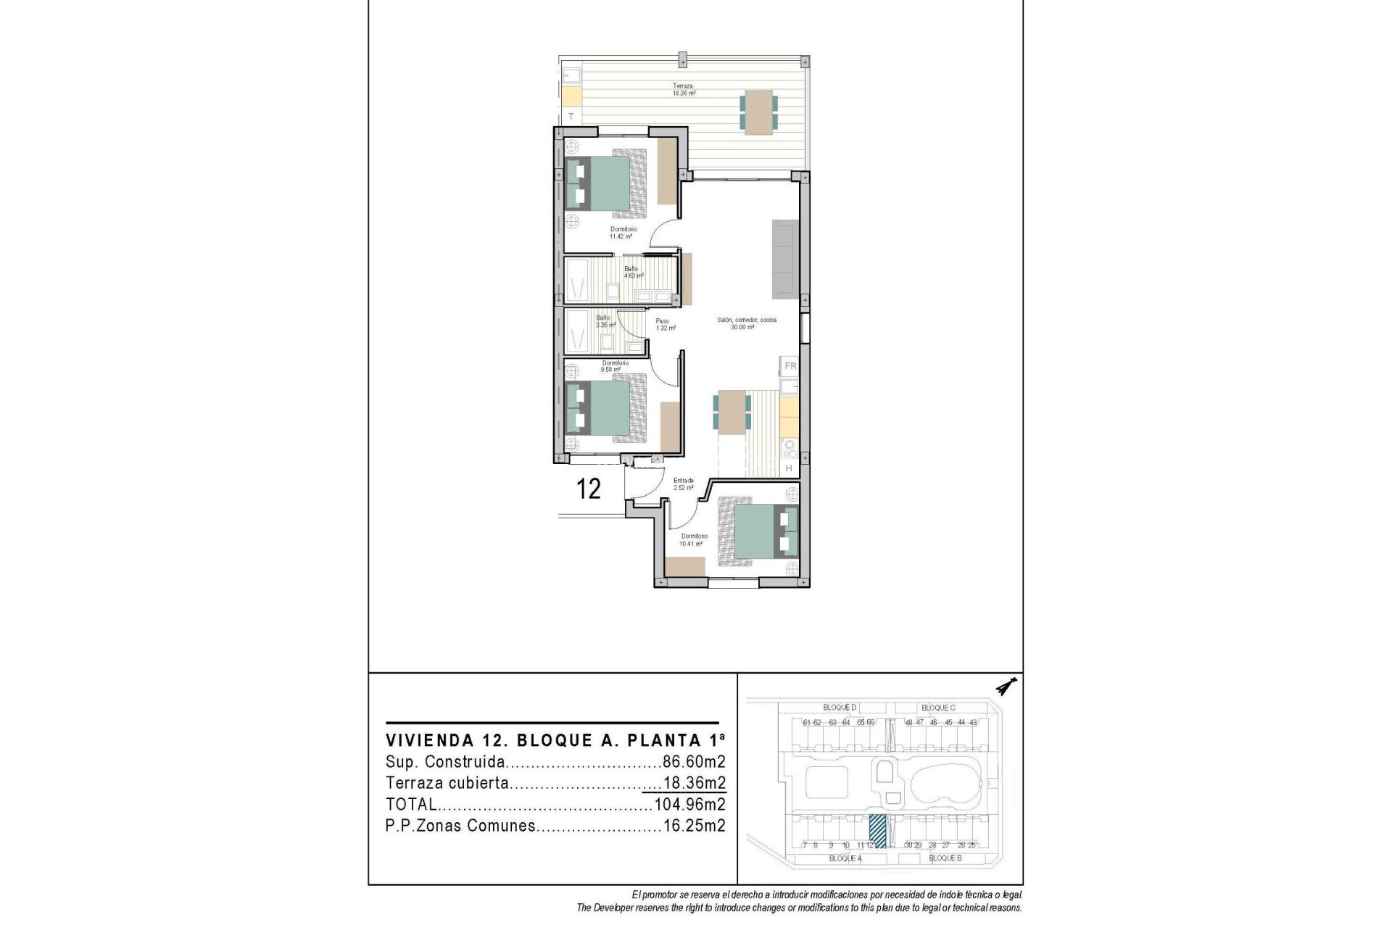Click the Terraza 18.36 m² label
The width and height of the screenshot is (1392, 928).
coord(683,89)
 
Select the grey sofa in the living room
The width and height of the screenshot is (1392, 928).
coord(784,259)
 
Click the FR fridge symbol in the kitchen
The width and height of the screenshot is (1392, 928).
coord(790,366)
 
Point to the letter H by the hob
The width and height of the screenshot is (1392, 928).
coord(789,468)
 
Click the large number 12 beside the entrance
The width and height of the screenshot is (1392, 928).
coord(588,489)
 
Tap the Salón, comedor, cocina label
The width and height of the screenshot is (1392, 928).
coord(746,323)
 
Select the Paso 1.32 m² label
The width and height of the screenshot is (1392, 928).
coord(665,324)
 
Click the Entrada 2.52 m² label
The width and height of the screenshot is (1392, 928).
coord(683,484)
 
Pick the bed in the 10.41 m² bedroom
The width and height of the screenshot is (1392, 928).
coord(758,531)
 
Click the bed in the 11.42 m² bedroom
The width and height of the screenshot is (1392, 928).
coord(605,183)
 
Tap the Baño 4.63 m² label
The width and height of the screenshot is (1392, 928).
coord(633,272)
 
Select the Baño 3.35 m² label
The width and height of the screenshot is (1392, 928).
coord(605,321)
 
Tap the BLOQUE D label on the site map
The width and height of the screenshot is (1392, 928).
coord(840,708)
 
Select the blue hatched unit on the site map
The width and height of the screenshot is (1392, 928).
coord(878,831)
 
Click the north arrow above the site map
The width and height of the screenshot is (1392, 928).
coord(1006,686)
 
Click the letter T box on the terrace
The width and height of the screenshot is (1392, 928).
coord(571,116)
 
